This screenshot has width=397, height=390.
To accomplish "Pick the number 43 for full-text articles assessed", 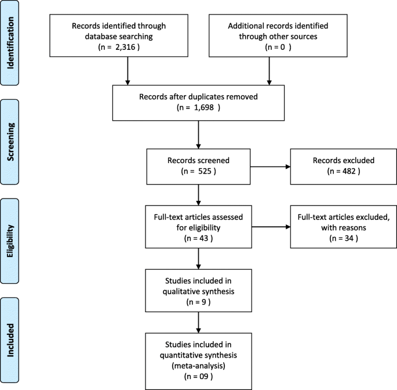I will (x=199, y=237).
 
